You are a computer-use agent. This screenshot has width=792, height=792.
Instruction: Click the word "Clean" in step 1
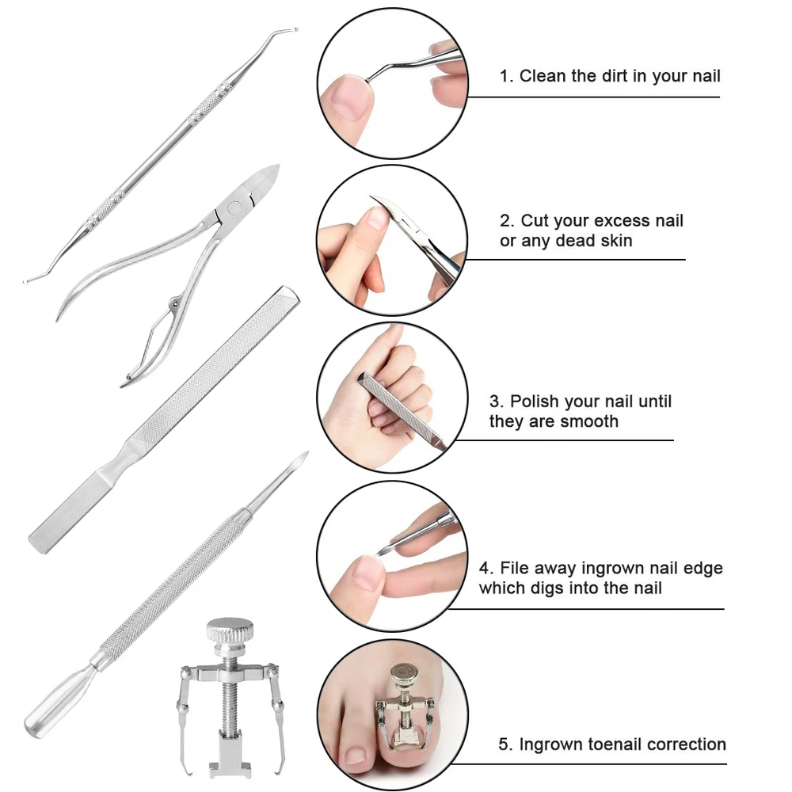click(543, 76)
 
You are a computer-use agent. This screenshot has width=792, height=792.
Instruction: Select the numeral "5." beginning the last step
click(506, 744)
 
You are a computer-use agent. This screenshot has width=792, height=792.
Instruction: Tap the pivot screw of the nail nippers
click(234, 208)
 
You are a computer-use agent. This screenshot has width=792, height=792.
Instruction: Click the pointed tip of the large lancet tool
click(306, 454)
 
